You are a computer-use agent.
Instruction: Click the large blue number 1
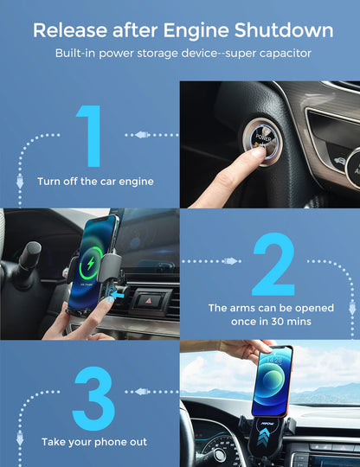click(91, 137)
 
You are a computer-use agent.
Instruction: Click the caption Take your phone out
click(92, 442)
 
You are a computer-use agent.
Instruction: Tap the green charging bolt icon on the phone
click(93, 259)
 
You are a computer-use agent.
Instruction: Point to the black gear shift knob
click(30, 255)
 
